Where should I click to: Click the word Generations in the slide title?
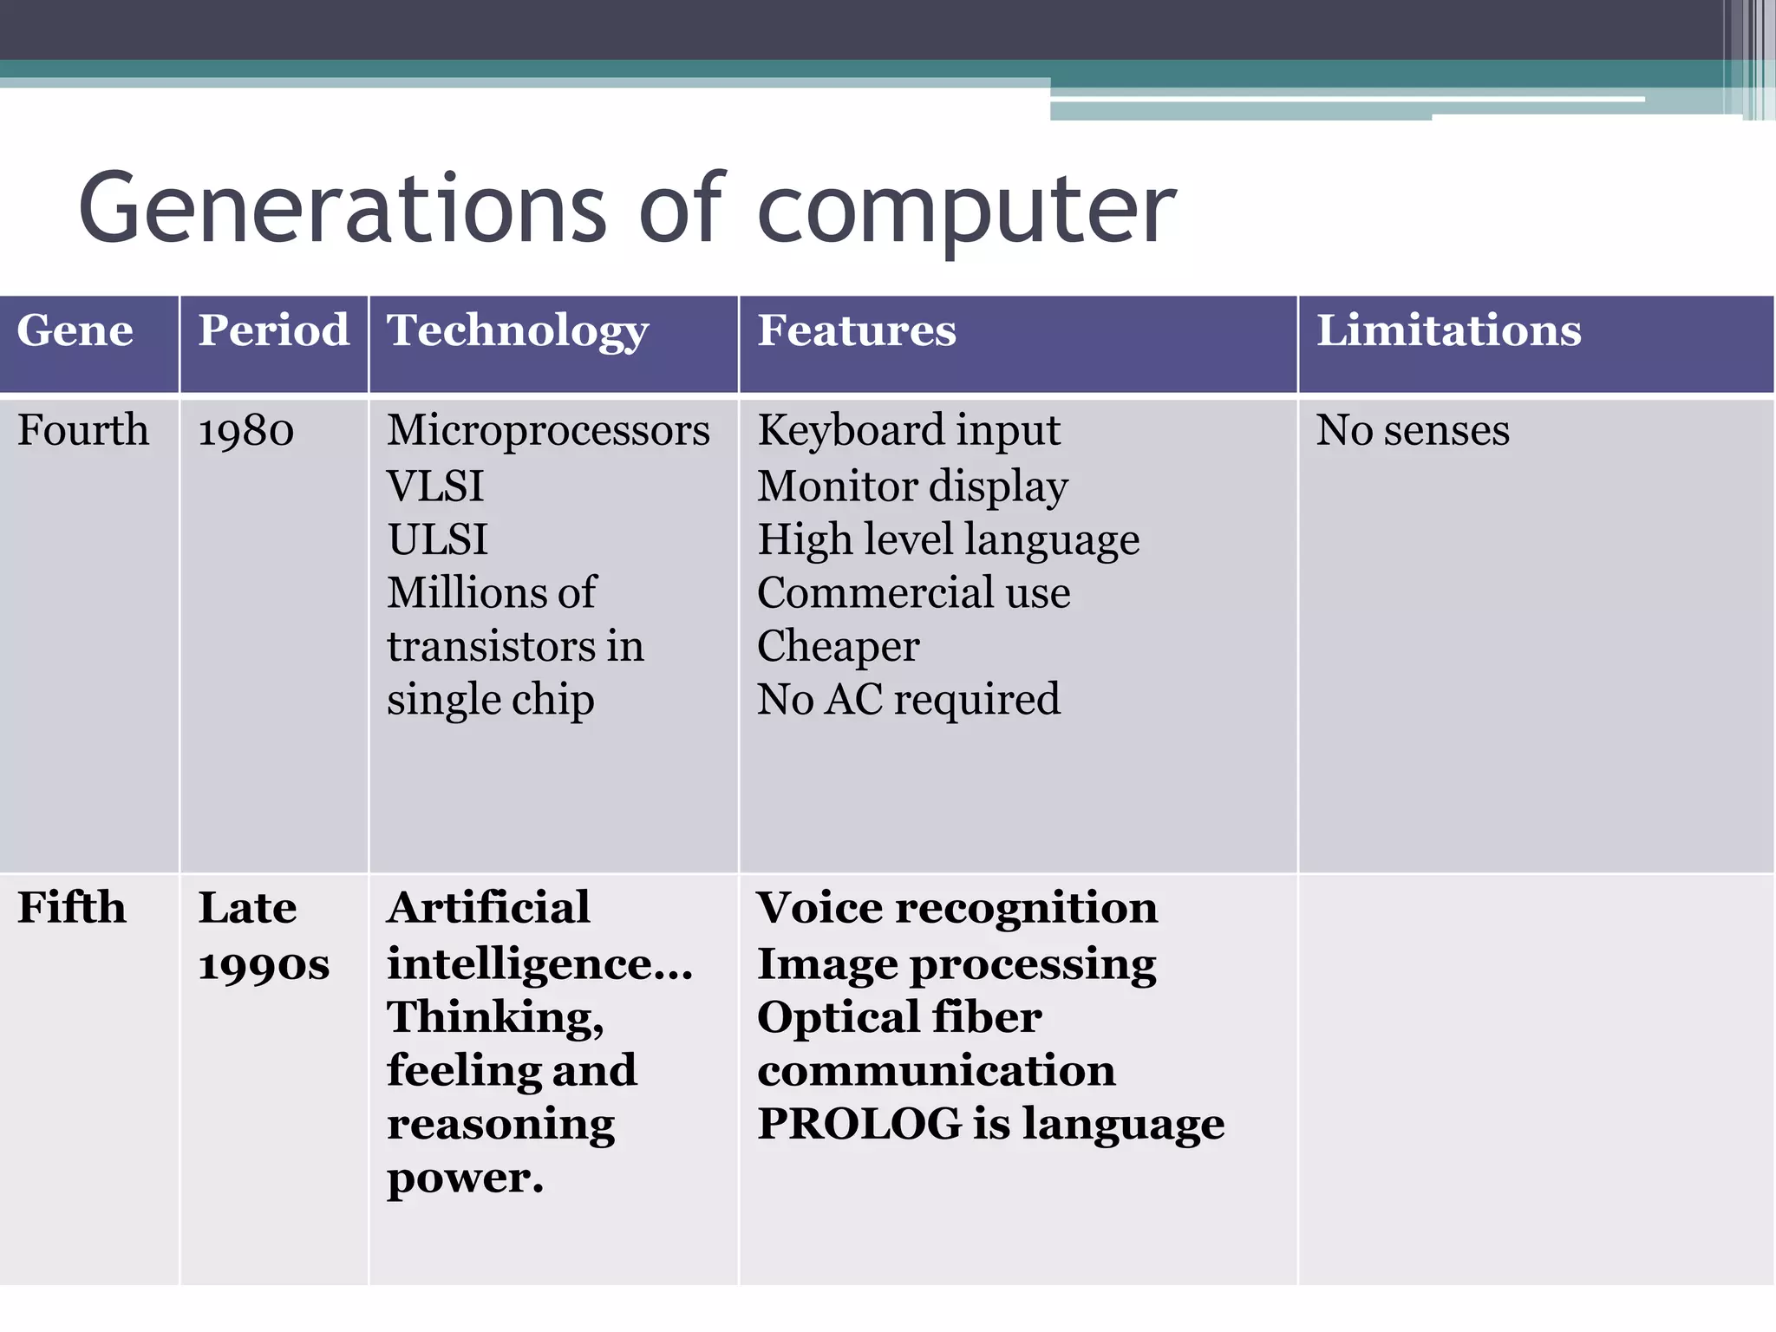point(343,208)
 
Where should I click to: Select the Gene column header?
point(75,330)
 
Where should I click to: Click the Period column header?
point(273,330)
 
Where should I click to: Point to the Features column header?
point(857,330)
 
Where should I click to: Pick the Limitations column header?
point(1449,330)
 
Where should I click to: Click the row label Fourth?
point(83,430)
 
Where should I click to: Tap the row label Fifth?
point(72,908)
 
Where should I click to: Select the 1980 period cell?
point(246,431)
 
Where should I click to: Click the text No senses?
point(1413,430)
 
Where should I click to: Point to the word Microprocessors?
point(548,430)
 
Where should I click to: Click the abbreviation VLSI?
point(435,486)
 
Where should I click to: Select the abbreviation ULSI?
point(437,539)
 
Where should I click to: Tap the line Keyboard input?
point(909,431)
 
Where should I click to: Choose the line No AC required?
point(909,699)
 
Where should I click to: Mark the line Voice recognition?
point(957,908)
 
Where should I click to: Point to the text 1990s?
point(264,965)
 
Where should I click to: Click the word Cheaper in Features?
point(839,646)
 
